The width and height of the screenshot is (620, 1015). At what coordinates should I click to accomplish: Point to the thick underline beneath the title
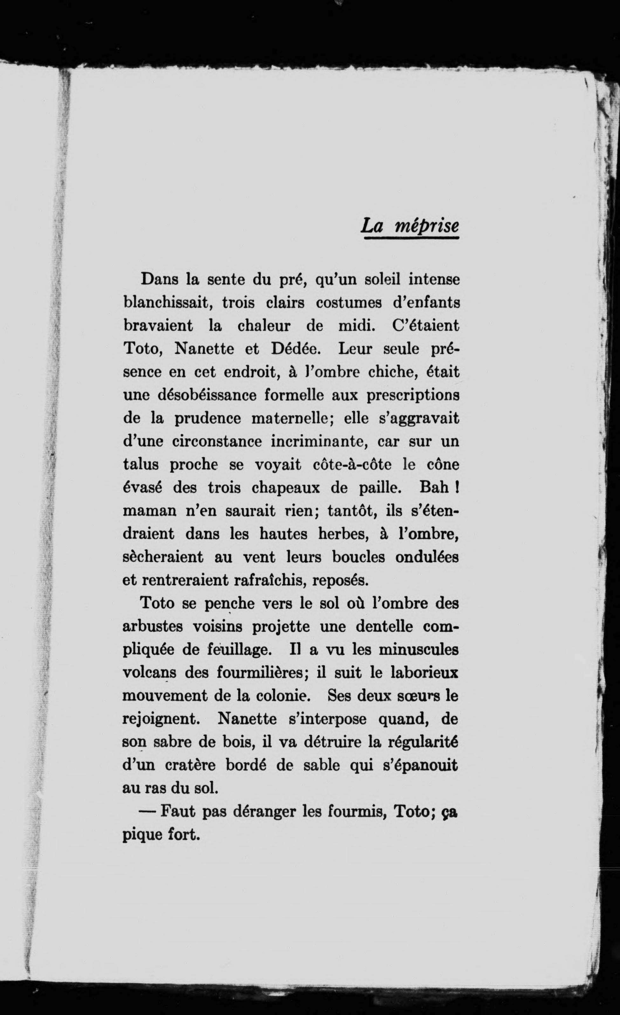coord(411,238)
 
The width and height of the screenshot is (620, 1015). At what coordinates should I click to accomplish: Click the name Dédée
coord(294,349)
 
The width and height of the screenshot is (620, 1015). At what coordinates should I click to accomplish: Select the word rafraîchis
coord(269,580)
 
